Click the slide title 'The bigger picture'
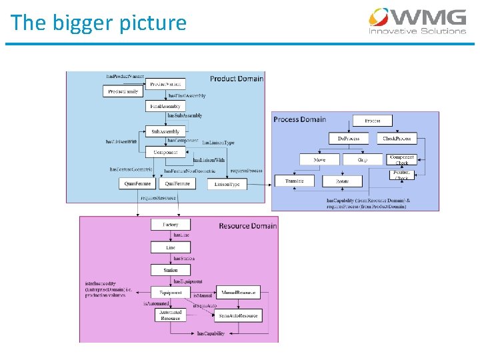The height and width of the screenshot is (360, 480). tap(99, 23)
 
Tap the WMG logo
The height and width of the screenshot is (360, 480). tap(418, 21)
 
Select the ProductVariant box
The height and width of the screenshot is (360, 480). tap(166, 84)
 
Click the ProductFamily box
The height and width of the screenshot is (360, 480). tap(123, 91)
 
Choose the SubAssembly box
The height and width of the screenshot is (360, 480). tap(165, 131)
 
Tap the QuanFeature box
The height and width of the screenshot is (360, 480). tap(137, 183)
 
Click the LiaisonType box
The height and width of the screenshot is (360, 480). tap(227, 183)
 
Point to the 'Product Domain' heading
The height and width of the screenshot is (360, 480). tap(237, 79)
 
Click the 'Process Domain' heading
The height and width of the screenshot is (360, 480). tap(299, 119)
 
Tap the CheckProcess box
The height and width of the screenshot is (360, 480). tap(397, 139)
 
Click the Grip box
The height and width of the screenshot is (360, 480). tap(363, 159)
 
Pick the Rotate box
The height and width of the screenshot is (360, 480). tap(342, 181)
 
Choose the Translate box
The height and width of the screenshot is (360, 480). tap(294, 181)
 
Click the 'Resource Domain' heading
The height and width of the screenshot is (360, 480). tap(247, 226)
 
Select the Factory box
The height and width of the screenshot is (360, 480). tap(171, 225)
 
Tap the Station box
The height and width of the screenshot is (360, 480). tap(171, 270)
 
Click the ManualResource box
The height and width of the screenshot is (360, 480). tap(238, 293)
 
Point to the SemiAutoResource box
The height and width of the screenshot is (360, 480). tap(238, 315)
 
